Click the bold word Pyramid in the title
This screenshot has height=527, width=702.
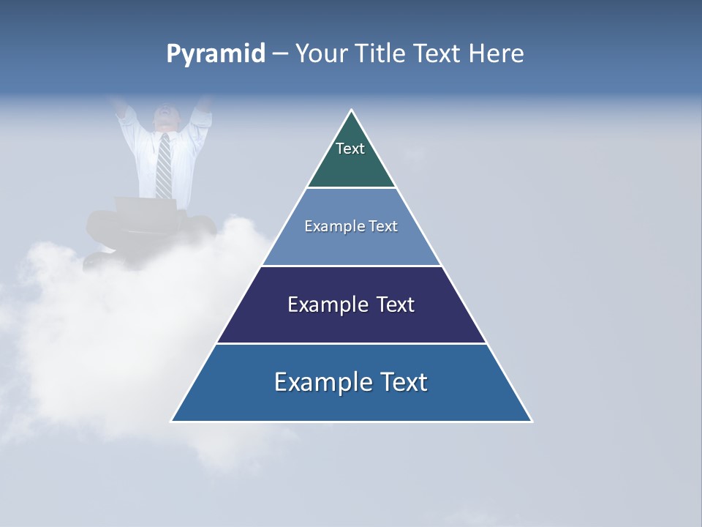pos(216,54)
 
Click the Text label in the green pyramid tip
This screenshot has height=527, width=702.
pos(350,149)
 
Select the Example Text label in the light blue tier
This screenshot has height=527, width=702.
pos(351,226)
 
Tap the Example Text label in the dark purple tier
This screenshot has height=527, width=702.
pos(351,304)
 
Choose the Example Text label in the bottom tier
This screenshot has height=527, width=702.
pos(351,382)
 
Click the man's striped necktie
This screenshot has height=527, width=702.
pos(164,165)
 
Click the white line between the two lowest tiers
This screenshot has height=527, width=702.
pos(351,343)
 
